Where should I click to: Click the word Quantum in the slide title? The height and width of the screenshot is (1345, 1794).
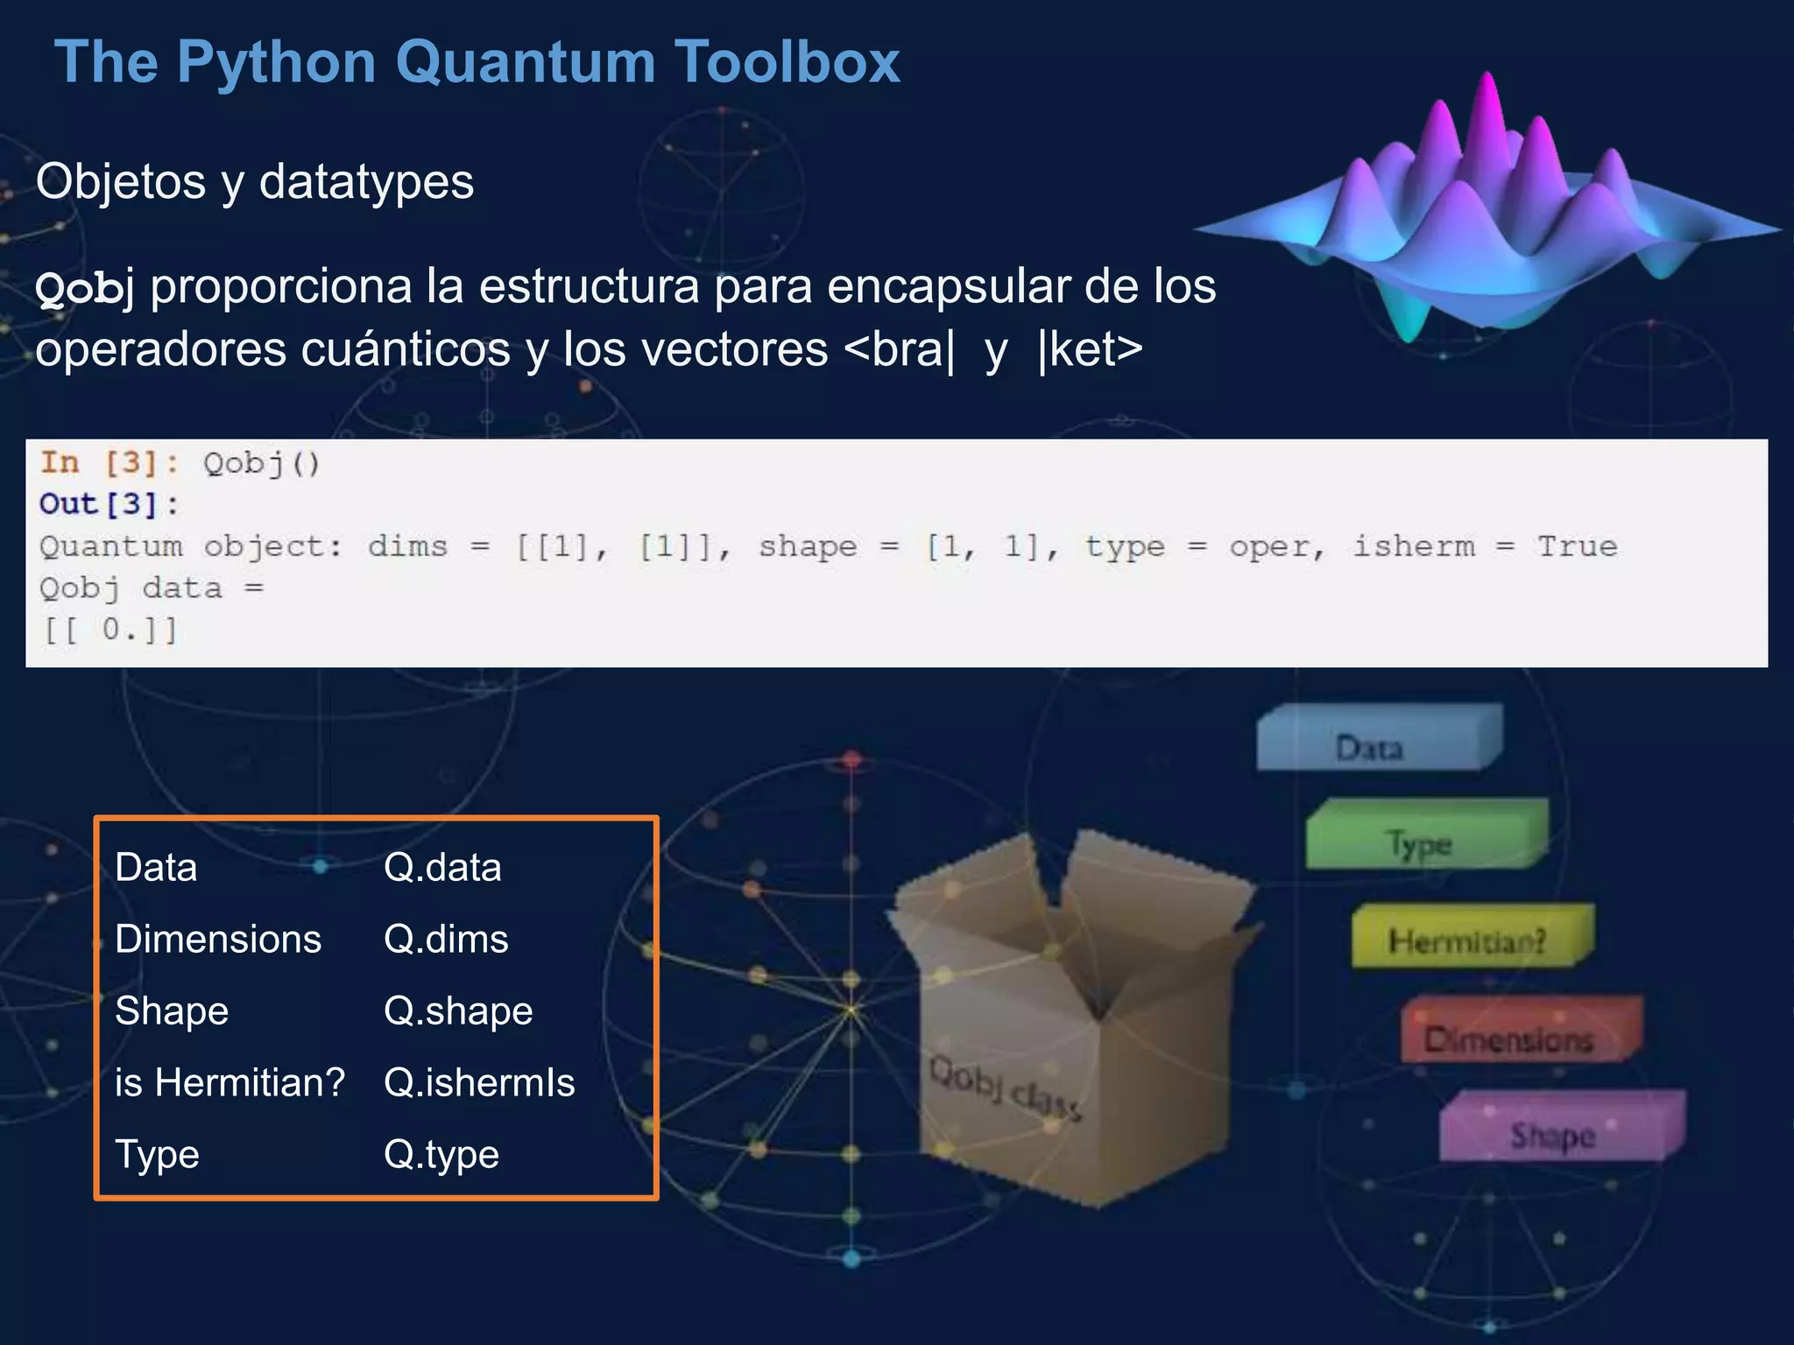pos(524,63)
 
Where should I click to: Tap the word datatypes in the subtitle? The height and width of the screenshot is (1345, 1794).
pos(366,182)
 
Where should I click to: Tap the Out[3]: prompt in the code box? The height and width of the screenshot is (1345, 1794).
pos(109,504)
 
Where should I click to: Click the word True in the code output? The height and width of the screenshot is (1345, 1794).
pos(1577,546)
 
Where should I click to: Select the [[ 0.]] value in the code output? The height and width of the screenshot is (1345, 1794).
pos(110,630)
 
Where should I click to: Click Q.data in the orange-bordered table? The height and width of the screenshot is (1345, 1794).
pos(442,868)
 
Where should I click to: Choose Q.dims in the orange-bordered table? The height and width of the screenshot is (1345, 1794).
pos(446,940)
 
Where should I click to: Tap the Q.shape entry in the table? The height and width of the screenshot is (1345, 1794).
pos(458,1011)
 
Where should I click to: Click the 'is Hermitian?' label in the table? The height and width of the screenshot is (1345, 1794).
pos(230,1083)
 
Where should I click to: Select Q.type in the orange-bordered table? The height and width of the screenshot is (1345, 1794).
pos(441,1155)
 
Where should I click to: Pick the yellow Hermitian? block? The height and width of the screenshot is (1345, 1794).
pos(1467,940)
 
